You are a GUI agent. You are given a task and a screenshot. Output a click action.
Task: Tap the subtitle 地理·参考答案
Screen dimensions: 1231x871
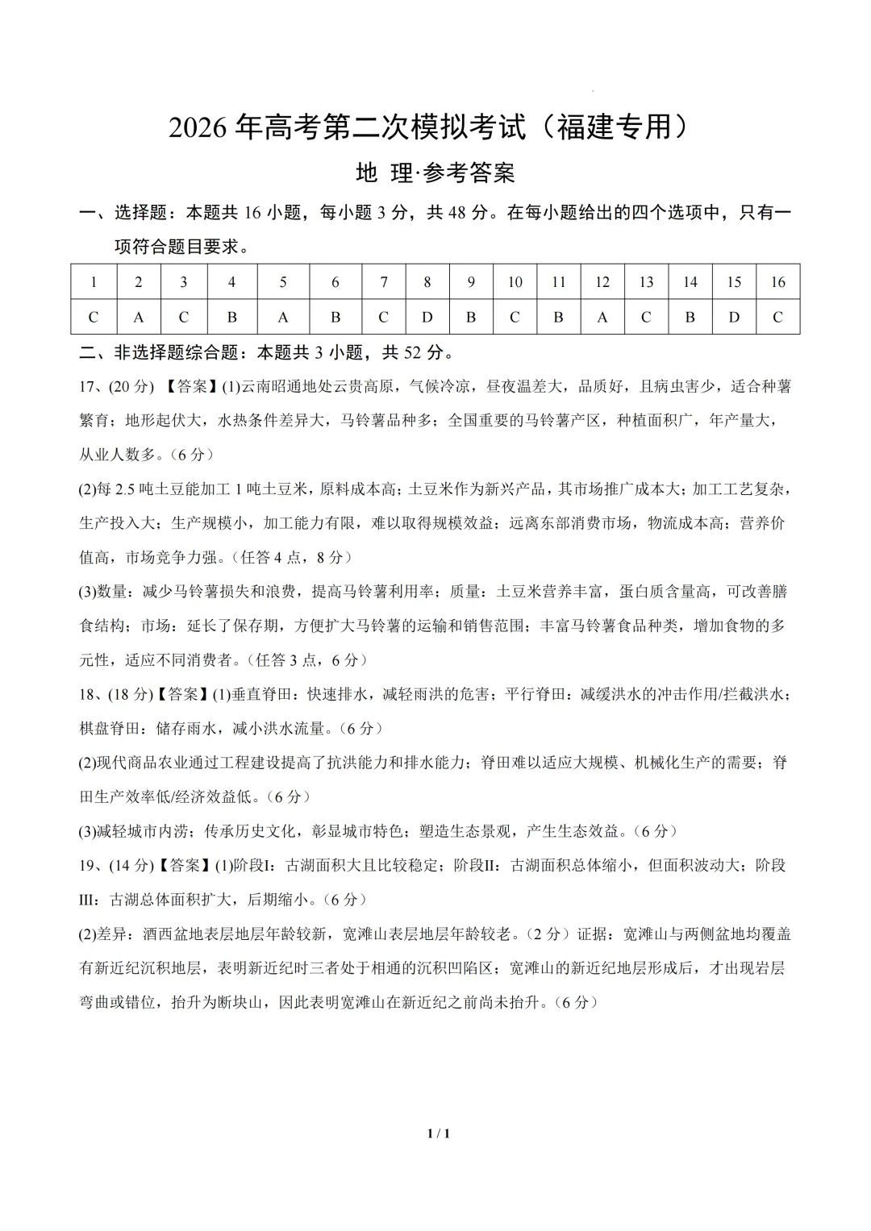[x=435, y=173]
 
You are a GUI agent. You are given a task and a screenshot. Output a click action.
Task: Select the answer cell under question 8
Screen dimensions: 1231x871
[x=427, y=317]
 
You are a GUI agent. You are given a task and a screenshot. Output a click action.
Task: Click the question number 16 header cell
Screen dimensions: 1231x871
[x=777, y=282]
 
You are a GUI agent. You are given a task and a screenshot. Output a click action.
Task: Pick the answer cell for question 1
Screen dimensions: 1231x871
[x=94, y=317]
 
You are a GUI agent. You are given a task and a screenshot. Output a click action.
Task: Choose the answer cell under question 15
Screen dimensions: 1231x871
[x=734, y=317]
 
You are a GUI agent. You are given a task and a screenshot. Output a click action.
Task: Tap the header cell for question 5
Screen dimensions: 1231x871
[x=283, y=282]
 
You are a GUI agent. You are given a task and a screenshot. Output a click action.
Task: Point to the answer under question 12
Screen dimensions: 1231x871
[x=602, y=317]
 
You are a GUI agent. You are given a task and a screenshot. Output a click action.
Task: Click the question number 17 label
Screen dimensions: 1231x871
[x=90, y=386]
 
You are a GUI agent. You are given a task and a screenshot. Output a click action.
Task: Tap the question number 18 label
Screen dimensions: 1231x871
[x=90, y=693]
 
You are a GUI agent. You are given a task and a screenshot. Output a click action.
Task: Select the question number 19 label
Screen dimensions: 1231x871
[x=90, y=865]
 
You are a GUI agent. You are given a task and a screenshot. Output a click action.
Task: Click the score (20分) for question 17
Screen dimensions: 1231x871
[x=131, y=386]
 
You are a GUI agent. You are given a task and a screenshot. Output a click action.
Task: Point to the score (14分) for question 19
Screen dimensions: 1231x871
[x=131, y=865]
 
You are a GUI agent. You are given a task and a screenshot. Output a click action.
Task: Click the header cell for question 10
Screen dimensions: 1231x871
[x=515, y=282]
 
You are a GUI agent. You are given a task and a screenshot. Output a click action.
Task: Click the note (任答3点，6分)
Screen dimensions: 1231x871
[x=308, y=659]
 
